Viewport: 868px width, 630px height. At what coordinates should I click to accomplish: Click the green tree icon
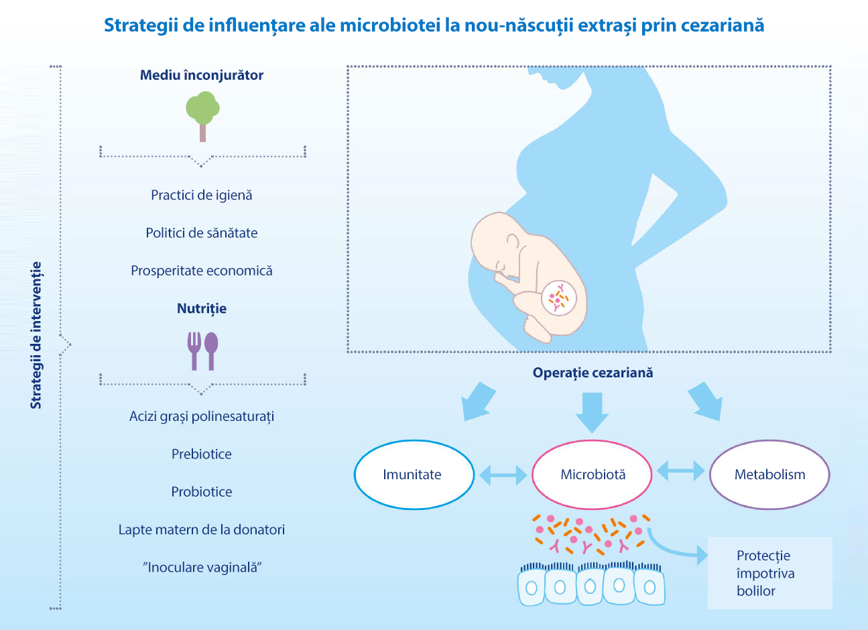click(x=202, y=116)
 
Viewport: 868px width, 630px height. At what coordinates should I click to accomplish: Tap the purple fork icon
click(x=194, y=351)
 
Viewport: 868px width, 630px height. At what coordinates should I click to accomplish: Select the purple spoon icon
click(x=211, y=351)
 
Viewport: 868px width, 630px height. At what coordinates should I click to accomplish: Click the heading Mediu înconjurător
click(x=202, y=75)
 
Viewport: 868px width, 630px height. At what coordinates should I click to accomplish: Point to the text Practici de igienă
click(x=202, y=195)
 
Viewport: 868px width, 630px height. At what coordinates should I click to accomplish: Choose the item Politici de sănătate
click(x=202, y=233)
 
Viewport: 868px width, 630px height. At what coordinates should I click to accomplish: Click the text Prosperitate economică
click(x=202, y=271)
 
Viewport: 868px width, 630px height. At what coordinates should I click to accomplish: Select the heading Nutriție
click(x=202, y=309)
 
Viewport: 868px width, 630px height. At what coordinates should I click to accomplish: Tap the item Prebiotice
click(x=202, y=454)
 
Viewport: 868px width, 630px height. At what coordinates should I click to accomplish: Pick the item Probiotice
click(x=202, y=492)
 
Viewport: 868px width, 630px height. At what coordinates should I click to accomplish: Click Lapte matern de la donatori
click(x=202, y=529)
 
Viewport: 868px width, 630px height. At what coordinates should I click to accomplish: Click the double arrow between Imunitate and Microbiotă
click(x=503, y=475)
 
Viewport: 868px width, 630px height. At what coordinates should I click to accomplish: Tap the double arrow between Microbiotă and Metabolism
click(x=681, y=471)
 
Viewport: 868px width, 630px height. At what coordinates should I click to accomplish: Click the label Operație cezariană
click(x=593, y=373)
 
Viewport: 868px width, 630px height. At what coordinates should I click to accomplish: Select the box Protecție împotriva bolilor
click(x=770, y=573)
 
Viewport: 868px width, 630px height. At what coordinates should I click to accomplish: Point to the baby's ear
click(x=513, y=242)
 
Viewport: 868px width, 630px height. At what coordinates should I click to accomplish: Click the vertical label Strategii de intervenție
click(x=36, y=335)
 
